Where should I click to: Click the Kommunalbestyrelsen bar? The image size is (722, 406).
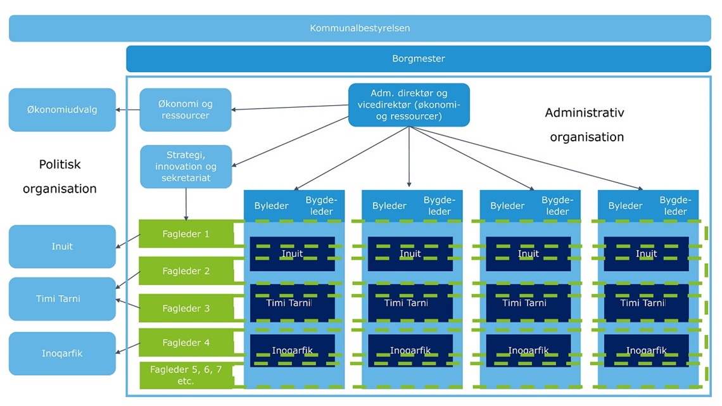pyautogui.click(x=360, y=29)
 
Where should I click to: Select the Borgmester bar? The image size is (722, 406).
pyautogui.click(x=418, y=58)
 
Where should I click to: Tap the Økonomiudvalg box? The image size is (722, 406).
pyautogui.click(x=62, y=110)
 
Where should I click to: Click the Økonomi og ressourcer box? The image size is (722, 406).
pyautogui.click(x=185, y=110)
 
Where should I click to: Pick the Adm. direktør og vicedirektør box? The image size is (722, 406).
pyautogui.click(x=409, y=105)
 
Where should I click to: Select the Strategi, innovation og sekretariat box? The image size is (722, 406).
pyautogui.click(x=186, y=167)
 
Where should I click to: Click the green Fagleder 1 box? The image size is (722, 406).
pyautogui.click(x=185, y=234)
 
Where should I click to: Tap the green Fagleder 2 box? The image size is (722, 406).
pyautogui.click(x=185, y=271)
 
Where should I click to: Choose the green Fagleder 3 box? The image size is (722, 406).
pyautogui.click(x=185, y=308)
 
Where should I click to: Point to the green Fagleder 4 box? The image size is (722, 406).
pyautogui.click(x=185, y=343)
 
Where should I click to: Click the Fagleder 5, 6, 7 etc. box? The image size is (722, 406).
pyautogui.click(x=185, y=375)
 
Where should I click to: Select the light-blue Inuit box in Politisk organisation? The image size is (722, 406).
pyautogui.click(x=62, y=246)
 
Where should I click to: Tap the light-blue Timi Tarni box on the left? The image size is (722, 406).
pyautogui.click(x=62, y=299)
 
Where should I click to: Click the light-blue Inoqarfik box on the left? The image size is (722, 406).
pyautogui.click(x=62, y=353)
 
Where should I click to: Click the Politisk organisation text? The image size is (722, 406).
pyautogui.click(x=60, y=176)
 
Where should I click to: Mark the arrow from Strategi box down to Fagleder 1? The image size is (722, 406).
pyautogui.click(x=186, y=204)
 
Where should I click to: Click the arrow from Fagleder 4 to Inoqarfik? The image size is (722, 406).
pyautogui.click(x=128, y=348)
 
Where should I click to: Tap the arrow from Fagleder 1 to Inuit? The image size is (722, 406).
pyautogui.click(x=128, y=241)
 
